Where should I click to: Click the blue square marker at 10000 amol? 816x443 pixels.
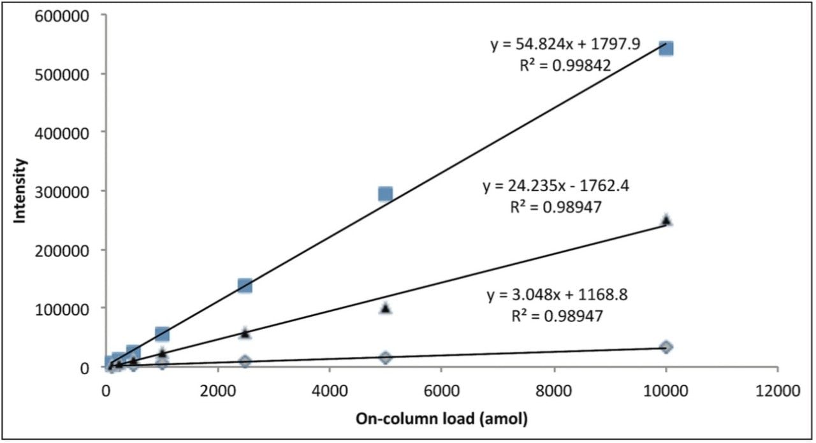click(666, 48)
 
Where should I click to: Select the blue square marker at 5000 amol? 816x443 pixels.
click(385, 193)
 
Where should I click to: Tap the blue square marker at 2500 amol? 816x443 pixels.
click(245, 285)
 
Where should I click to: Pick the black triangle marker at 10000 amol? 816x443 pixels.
click(666, 220)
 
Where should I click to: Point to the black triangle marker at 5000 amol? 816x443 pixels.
click(385, 308)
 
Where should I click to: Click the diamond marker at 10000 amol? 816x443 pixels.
click(666, 347)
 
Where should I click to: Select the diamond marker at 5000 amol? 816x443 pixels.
click(385, 357)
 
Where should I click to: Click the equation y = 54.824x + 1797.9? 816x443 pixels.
click(565, 44)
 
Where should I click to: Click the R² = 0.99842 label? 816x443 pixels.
click(565, 64)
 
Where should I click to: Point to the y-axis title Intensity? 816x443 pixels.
click(20, 191)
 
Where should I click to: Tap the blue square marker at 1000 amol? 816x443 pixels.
click(162, 334)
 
